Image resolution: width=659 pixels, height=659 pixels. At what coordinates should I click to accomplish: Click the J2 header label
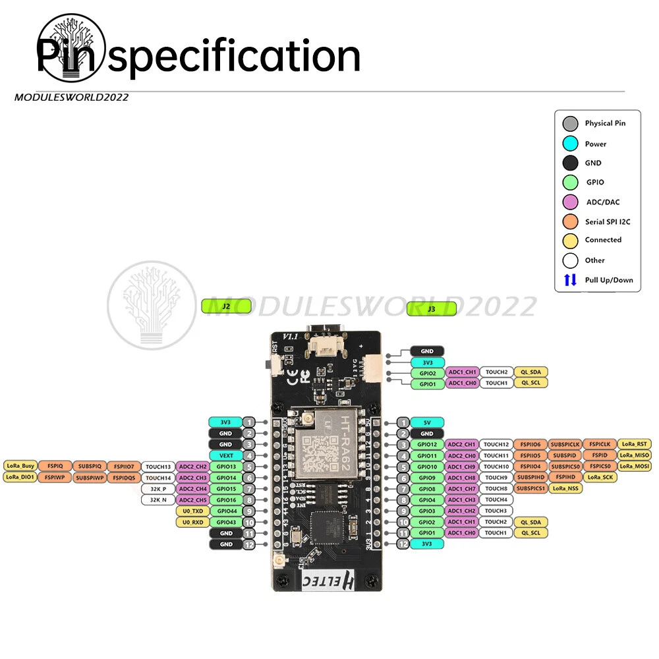(226, 306)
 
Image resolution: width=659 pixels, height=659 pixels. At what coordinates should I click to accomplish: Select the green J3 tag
(431, 308)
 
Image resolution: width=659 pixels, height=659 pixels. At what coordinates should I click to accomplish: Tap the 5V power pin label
(427, 422)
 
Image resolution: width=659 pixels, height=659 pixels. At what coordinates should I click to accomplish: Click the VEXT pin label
(225, 455)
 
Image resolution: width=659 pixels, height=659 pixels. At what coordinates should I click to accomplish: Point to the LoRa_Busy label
(20, 467)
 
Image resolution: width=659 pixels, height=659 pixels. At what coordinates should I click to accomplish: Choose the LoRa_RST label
(635, 444)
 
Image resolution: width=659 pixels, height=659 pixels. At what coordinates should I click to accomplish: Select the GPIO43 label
(225, 522)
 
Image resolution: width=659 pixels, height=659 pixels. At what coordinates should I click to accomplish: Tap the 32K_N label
(158, 500)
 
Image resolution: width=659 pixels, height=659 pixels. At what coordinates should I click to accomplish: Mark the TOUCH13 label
(158, 467)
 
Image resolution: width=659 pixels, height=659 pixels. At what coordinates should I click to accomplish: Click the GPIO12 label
(427, 444)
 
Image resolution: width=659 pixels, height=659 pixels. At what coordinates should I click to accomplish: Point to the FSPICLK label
(599, 444)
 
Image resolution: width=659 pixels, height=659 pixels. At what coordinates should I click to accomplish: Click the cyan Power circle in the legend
(571, 144)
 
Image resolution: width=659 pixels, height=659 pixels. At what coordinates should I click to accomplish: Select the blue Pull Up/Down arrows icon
(571, 279)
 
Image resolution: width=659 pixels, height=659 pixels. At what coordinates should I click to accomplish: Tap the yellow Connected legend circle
(571, 241)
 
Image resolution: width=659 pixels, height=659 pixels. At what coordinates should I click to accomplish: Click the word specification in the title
(234, 57)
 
